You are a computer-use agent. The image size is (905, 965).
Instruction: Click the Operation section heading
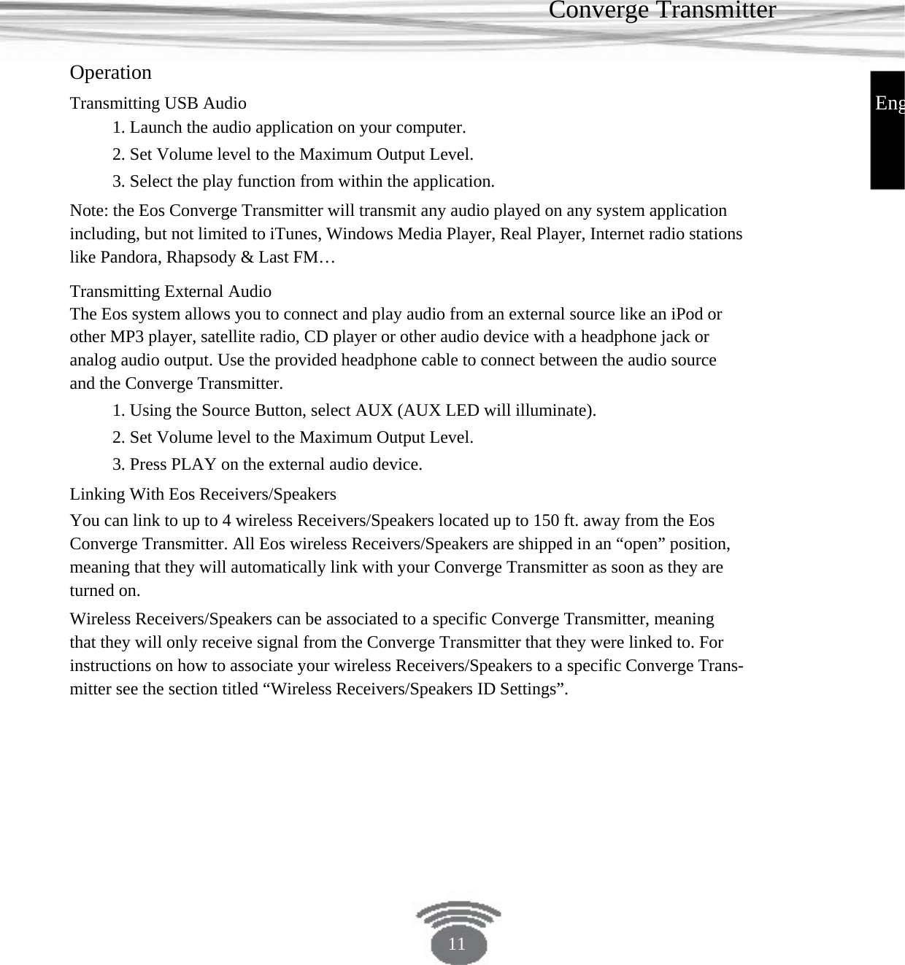point(110,72)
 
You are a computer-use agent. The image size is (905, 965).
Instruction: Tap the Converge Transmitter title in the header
point(661,10)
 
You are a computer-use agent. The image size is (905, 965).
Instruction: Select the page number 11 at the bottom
point(457,944)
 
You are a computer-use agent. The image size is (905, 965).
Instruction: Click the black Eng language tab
point(887,104)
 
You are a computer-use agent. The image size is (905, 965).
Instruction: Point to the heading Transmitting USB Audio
point(158,103)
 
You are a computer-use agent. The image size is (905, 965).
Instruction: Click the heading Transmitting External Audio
point(170,291)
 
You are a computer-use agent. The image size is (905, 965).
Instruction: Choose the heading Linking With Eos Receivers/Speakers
point(203,494)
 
